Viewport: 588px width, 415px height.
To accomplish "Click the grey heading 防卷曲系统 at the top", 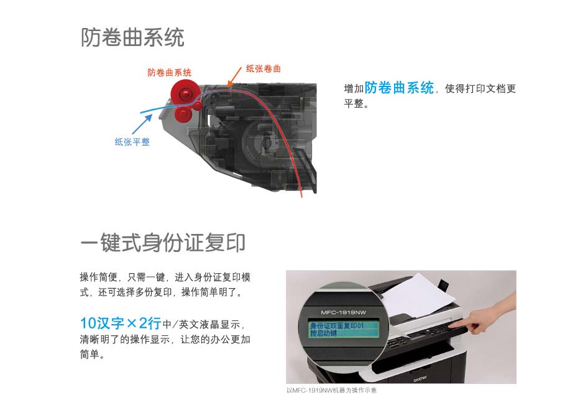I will (132, 37).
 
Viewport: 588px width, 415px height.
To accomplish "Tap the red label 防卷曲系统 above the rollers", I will (169, 73).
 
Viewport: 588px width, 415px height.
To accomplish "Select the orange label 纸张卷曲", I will (263, 68).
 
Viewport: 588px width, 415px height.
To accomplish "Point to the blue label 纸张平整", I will (132, 142).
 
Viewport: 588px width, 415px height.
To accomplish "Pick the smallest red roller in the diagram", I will (198, 105).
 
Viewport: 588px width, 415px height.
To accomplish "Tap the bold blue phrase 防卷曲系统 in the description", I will (399, 88).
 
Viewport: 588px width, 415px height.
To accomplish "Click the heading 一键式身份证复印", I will (163, 243).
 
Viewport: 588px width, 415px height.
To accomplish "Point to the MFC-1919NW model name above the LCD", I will (344, 312).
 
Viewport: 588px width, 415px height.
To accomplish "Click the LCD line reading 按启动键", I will (324, 333).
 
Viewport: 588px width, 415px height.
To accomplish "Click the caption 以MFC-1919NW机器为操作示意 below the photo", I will (331, 391).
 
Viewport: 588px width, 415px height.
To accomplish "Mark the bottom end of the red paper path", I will (301, 197).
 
